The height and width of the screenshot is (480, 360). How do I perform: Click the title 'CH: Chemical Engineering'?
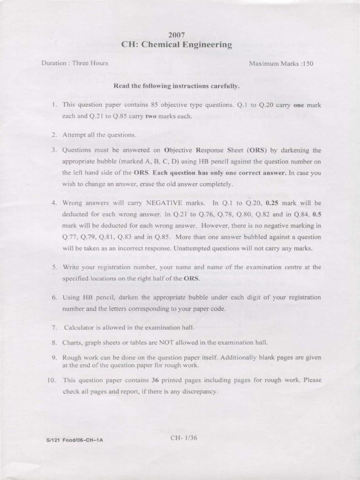pos(177,45)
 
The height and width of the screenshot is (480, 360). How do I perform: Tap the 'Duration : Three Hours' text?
pos(75,63)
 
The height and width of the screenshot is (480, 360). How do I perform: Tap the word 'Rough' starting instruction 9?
pos(73,358)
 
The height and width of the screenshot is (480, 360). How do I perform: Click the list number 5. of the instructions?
pos(54,267)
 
